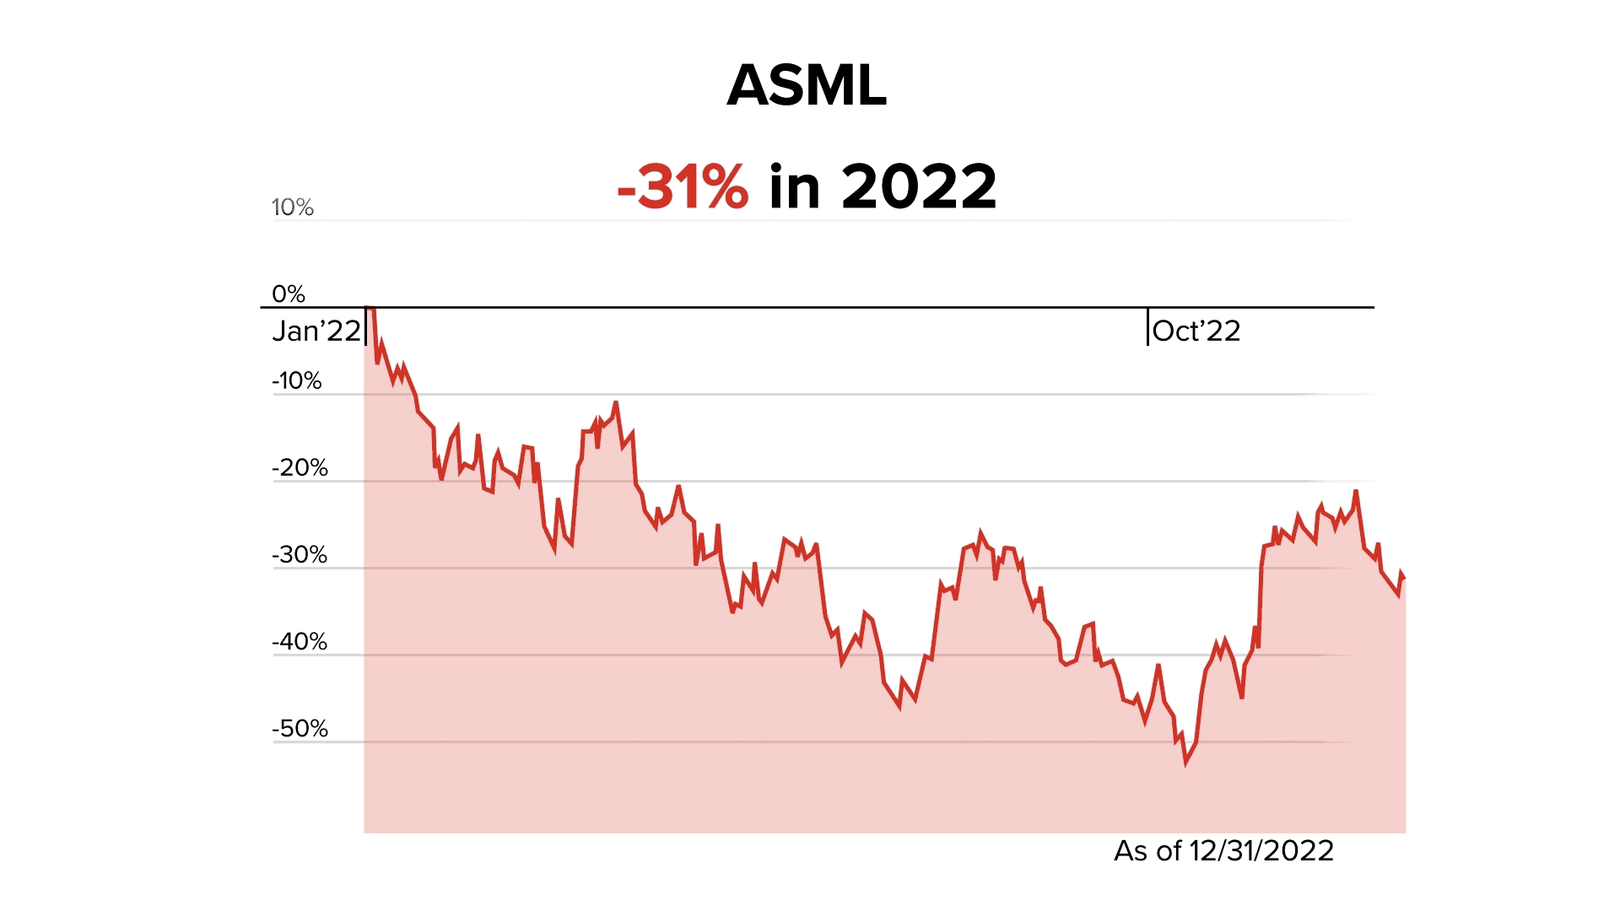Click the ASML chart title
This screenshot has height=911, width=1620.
(x=807, y=85)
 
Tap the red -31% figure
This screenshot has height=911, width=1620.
(x=683, y=186)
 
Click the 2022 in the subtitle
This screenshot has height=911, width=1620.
(x=919, y=186)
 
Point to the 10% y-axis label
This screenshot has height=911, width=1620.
(x=292, y=208)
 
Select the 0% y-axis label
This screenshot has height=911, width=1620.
(x=288, y=294)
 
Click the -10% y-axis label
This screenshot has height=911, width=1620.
(x=296, y=381)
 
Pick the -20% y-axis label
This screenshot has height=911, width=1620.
(x=300, y=468)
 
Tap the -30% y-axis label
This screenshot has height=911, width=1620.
(x=300, y=555)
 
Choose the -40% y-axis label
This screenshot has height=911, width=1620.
(x=300, y=642)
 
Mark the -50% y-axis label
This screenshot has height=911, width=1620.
(x=300, y=729)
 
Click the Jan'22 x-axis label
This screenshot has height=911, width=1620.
(x=316, y=332)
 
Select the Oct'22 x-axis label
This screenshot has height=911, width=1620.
(x=1196, y=332)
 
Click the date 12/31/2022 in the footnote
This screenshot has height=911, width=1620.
(x=1261, y=851)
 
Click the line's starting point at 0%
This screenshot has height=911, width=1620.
(x=369, y=309)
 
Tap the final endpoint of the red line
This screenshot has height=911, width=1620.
(x=1405, y=579)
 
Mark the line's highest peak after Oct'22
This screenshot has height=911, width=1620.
(x=1356, y=491)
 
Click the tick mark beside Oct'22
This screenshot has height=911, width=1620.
(x=1147, y=327)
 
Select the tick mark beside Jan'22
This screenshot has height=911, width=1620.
(x=365, y=327)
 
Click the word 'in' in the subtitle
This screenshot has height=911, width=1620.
(x=794, y=186)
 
